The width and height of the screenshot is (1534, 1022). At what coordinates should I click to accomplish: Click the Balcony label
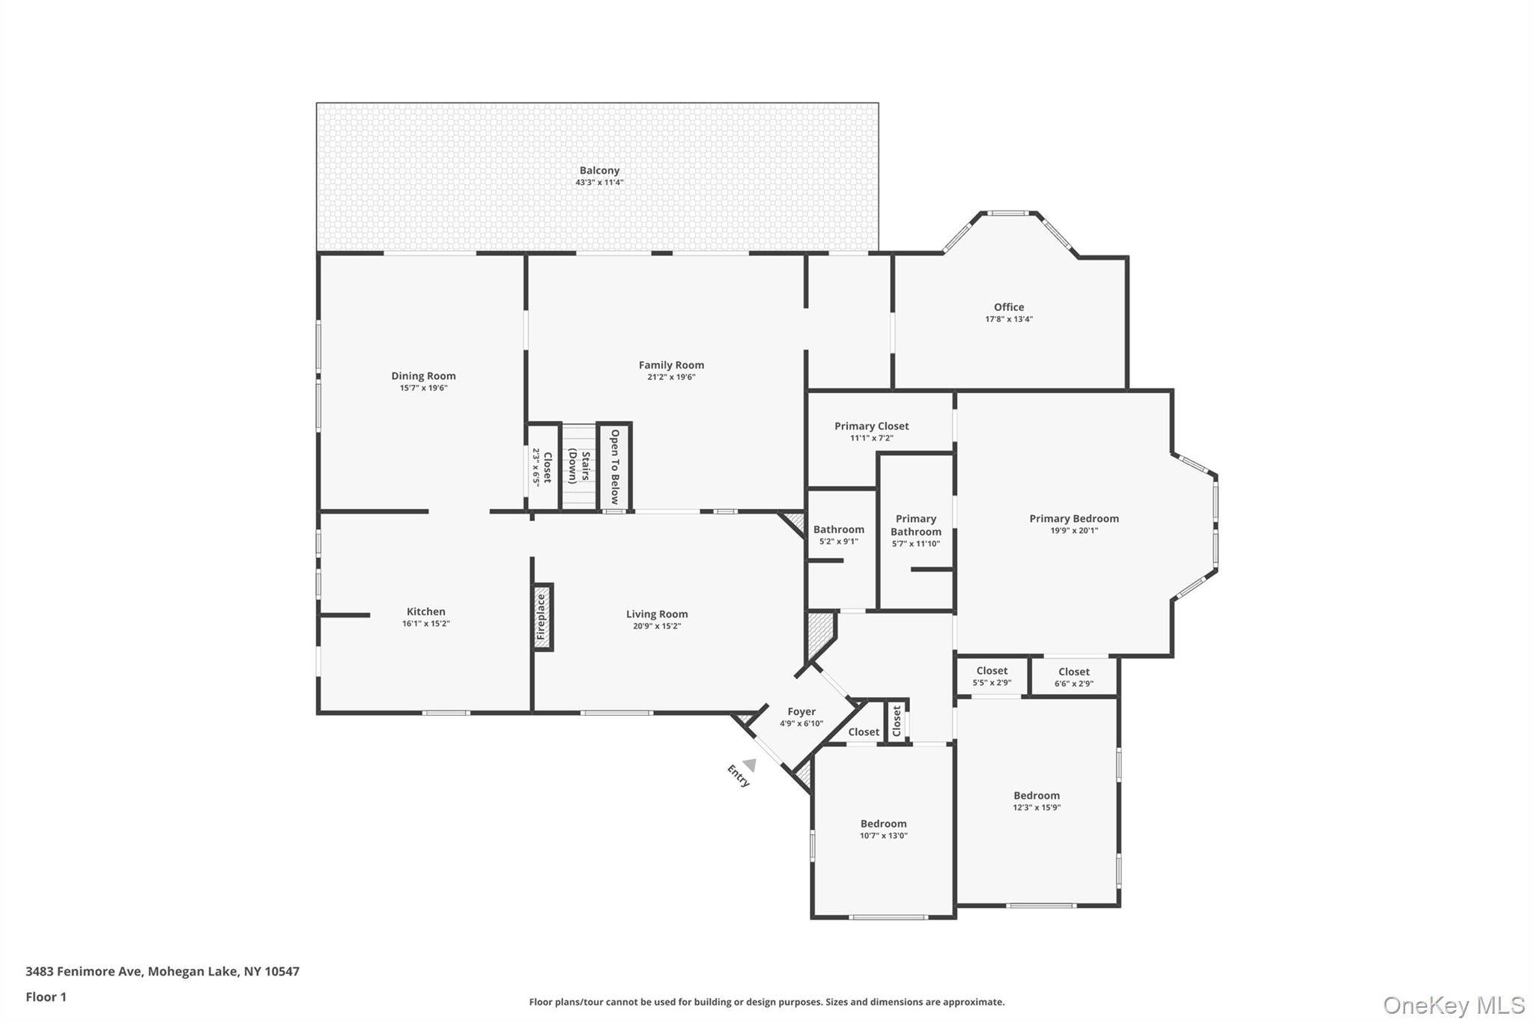point(599,171)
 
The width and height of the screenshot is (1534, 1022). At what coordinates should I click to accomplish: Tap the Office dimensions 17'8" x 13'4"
point(1008,319)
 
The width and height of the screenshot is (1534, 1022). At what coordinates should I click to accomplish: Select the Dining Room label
point(423,376)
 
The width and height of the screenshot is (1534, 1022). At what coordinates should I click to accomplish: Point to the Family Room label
point(671,365)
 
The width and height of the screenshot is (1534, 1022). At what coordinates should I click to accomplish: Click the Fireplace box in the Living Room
point(542,617)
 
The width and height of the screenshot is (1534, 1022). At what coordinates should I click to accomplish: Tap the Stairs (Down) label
point(579,466)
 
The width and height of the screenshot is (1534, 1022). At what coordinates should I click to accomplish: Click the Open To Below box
point(614,466)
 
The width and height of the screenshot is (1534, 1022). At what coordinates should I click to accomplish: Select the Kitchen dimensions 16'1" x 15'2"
point(425,624)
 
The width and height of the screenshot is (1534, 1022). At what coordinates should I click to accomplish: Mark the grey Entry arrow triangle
point(750,764)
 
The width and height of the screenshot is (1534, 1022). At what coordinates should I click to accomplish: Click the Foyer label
point(801,712)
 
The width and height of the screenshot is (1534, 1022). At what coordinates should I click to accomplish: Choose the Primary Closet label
point(871,426)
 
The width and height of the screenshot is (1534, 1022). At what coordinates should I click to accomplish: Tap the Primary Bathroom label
point(915,525)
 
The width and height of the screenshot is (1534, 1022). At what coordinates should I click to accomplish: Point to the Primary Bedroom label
point(1073,518)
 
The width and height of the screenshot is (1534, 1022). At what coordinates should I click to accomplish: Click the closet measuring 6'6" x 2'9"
point(1073,677)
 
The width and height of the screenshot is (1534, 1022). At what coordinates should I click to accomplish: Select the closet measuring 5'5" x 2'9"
point(992,676)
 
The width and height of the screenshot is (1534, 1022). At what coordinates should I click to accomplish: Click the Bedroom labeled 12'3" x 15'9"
point(1037,796)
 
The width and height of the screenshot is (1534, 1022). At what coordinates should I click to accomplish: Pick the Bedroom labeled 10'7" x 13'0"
point(883,824)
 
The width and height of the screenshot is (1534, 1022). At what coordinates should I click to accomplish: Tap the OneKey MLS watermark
point(1453,1005)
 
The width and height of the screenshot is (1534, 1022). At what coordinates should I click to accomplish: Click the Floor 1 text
point(46,997)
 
